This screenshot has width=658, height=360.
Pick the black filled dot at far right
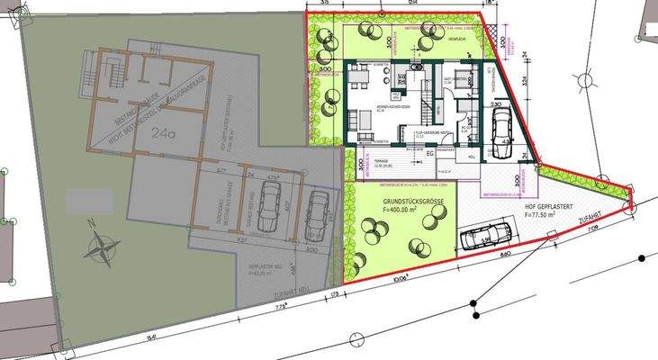coord(641,257)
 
